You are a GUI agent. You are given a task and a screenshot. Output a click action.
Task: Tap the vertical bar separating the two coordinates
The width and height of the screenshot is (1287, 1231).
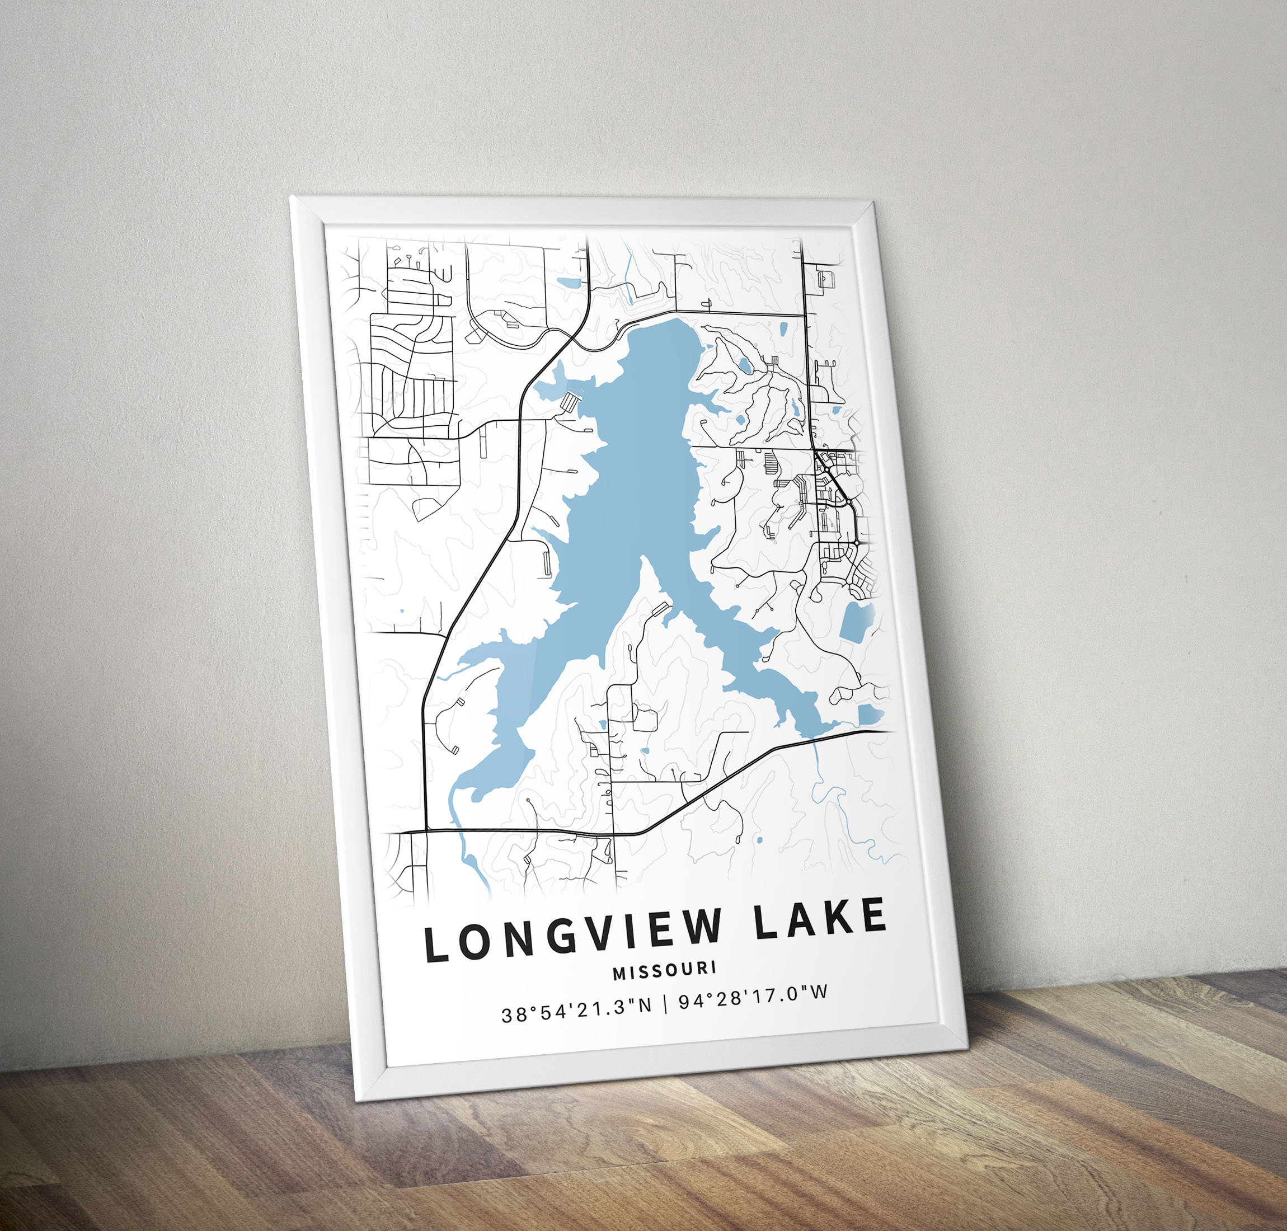(x=665, y=1008)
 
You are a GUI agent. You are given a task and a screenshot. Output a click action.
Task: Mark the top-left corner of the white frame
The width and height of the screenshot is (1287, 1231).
(x=293, y=196)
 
